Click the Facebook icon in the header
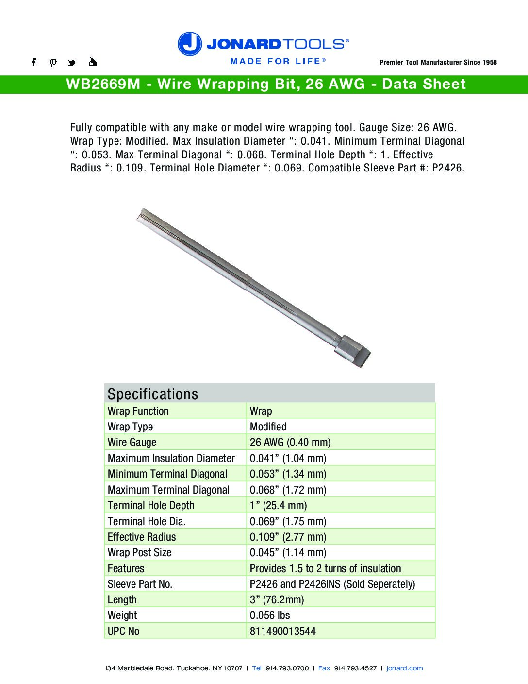33,62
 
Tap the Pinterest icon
53,62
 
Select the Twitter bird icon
72,63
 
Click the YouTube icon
93,62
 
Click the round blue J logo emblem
190,44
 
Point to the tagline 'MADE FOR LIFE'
275,61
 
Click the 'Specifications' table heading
153,394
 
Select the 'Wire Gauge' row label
132,442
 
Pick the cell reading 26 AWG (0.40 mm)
290,442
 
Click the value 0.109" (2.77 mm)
288,537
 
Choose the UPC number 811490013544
282,631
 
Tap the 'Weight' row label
122,616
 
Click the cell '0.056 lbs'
270,616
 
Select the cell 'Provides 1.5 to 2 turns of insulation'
325,568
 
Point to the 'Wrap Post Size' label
139,552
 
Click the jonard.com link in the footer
404,668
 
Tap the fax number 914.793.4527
355,668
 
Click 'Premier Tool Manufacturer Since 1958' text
438,62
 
